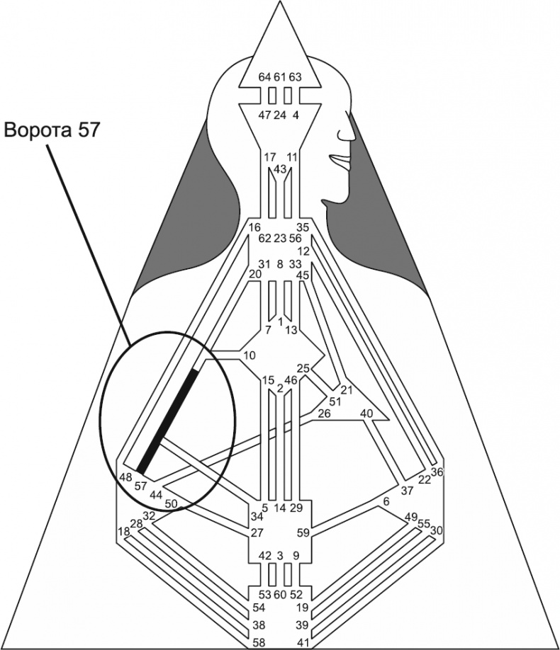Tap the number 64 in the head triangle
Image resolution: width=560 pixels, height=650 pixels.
click(264, 76)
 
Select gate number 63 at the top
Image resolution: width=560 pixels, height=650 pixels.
click(296, 76)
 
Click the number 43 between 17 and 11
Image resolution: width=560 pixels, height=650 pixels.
click(280, 168)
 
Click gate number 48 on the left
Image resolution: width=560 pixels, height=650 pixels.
click(126, 477)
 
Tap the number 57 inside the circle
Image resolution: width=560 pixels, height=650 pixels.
click(140, 487)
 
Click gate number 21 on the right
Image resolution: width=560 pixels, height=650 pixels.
click(347, 390)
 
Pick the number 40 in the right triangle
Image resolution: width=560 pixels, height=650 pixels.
click(366, 413)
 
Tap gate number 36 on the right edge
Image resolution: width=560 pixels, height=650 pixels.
click(437, 472)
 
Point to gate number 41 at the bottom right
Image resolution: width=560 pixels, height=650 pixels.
click(303, 642)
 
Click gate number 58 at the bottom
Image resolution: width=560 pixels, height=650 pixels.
click(261, 642)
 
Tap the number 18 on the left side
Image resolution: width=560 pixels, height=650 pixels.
click(125, 531)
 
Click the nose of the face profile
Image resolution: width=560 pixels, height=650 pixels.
click(349, 132)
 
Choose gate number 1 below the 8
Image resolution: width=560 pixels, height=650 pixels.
click(281, 321)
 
